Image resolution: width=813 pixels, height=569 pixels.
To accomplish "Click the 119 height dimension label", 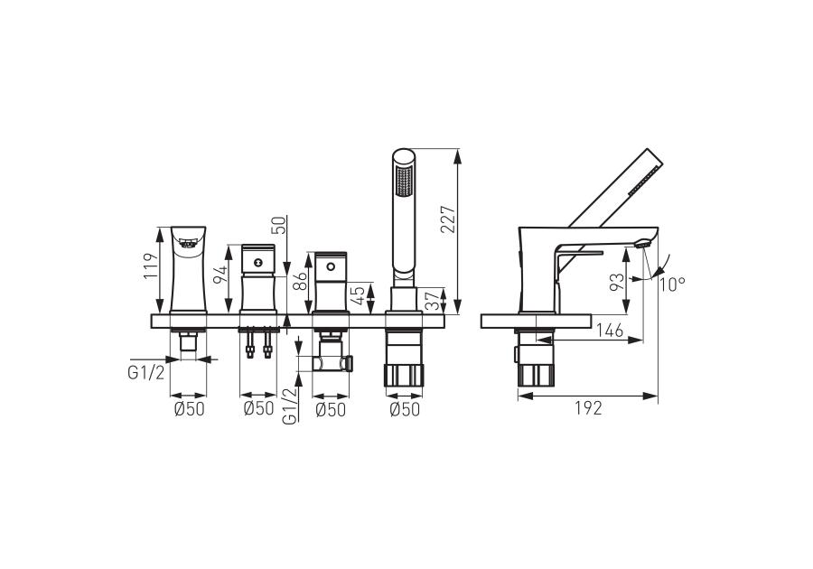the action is pyautogui.click(x=150, y=266).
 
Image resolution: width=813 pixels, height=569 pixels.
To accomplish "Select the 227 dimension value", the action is pyautogui.click(x=448, y=219).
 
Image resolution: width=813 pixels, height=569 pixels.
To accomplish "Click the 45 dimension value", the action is pyautogui.click(x=359, y=296).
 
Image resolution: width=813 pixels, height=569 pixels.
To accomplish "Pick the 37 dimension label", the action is pyautogui.click(x=432, y=300).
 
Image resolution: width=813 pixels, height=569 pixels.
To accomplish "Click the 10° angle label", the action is pyautogui.click(x=672, y=284).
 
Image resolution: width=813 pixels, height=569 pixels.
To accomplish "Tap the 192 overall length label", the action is pyautogui.click(x=588, y=408).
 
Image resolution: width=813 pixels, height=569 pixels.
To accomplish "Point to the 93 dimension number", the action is pyautogui.click(x=617, y=284).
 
